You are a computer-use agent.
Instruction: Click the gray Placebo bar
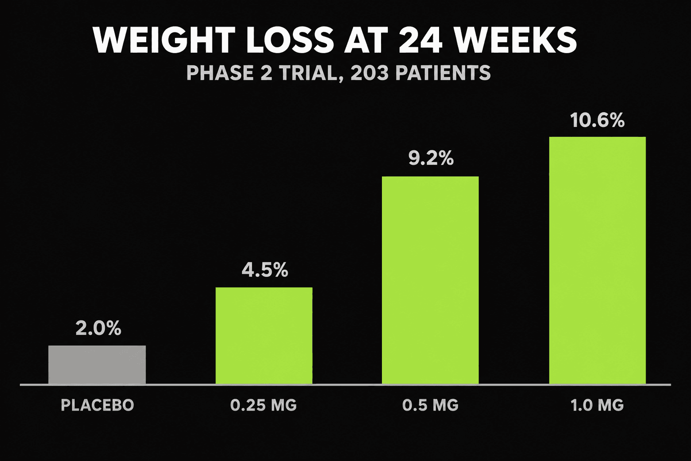97,365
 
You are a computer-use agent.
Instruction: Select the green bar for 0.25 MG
264,336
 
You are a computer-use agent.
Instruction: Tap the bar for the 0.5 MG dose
431,280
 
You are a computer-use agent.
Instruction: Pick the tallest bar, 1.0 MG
597,261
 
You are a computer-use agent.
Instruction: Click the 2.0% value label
99,328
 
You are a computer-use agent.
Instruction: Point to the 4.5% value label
265,271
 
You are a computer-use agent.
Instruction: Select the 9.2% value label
431,158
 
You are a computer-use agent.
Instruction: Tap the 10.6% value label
597,120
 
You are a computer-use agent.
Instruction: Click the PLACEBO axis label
98,405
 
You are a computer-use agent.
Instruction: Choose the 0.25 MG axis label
264,405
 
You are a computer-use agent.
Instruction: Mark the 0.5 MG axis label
431,405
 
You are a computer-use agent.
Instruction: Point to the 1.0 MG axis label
597,405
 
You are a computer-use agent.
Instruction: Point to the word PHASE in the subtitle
220,73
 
